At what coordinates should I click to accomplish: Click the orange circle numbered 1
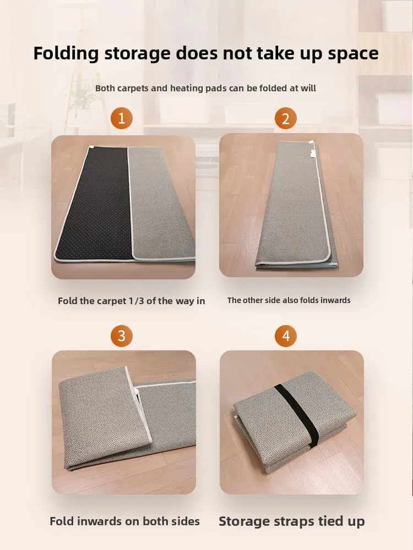tap(122, 118)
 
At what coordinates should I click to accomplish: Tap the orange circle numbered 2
tap(285, 118)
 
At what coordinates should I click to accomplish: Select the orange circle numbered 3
tap(122, 335)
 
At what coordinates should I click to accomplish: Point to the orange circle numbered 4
tap(285, 335)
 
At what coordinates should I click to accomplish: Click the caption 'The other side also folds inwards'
tap(289, 300)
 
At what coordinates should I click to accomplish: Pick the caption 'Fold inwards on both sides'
tap(124, 521)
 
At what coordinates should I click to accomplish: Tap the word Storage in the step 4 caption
tap(243, 521)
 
